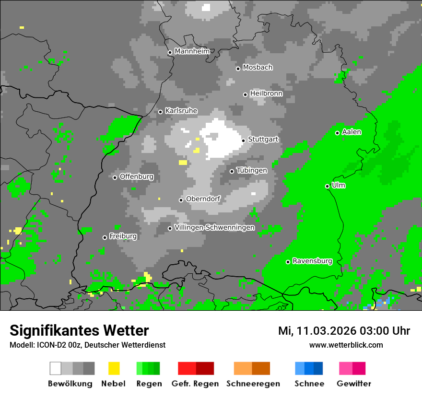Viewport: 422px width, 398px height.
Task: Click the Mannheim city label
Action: pyautogui.click(x=192, y=51)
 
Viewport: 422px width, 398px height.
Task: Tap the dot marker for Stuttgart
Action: pyautogui.click(x=243, y=140)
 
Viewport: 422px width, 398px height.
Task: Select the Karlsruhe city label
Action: pyautogui.click(x=181, y=111)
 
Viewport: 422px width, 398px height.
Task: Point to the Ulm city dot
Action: pyautogui.click(x=327, y=186)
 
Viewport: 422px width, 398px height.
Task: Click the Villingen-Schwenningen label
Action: pyautogui.click(x=214, y=227)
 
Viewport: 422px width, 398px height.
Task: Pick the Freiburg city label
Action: pyautogui.click(x=123, y=236)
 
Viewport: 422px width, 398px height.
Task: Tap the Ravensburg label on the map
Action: pyautogui.click(x=312, y=261)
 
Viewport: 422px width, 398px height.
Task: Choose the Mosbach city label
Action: pyautogui.click(x=258, y=67)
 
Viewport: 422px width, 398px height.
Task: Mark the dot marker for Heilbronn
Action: pyautogui.click(x=245, y=94)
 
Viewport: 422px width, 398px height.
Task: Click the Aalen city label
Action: pyautogui.click(x=352, y=132)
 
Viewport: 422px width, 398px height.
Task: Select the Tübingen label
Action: pyautogui.click(x=252, y=170)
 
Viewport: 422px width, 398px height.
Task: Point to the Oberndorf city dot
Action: pyautogui.click(x=181, y=200)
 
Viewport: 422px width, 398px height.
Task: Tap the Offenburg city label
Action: pyautogui.click(x=136, y=176)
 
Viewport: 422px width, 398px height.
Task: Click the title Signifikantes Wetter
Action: pyautogui.click(x=79, y=330)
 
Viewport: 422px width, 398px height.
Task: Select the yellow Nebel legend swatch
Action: pyautogui.click(x=114, y=368)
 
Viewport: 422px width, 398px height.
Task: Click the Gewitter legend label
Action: pyautogui.click(x=353, y=384)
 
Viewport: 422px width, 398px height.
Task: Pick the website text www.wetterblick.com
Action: pyautogui.click(x=346, y=345)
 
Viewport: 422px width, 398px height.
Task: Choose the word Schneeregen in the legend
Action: pyautogui.click(x=253, y=384)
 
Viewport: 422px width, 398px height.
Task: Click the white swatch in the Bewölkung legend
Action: pyautogui.click(x=56, y=368)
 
